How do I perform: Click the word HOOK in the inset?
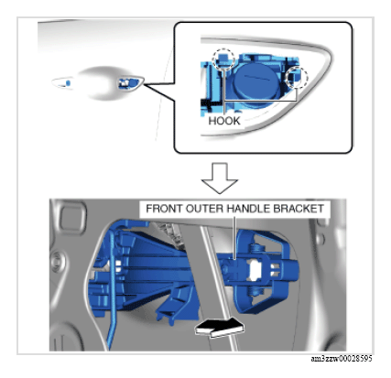[224, 121]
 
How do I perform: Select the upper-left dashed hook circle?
[223, 59]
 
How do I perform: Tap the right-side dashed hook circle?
[297, 77]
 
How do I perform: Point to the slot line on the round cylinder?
[257, 78]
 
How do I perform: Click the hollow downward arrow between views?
[220, 178]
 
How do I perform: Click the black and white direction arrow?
[220, 328]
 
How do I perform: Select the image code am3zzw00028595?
[342, 359]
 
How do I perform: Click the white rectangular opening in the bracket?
[255, 270]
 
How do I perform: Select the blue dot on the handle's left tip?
[69, 82]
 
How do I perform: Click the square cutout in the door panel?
[71, 218]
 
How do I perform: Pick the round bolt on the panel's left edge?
[57, 262]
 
